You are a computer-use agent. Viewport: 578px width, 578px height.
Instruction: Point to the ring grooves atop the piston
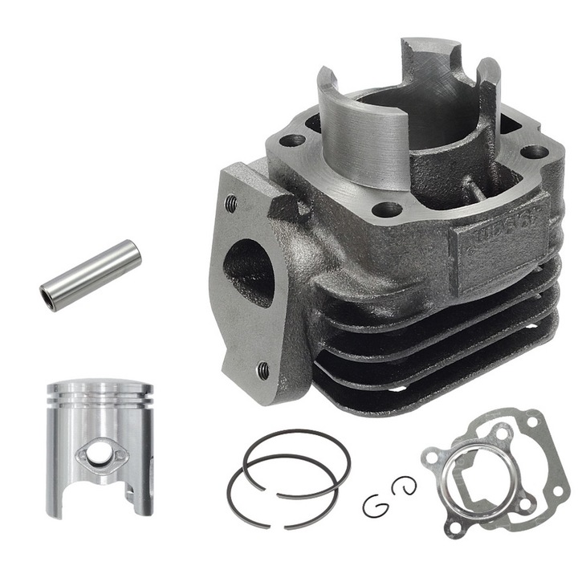[99, 395]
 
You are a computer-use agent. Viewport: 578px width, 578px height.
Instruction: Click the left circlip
[373, 506]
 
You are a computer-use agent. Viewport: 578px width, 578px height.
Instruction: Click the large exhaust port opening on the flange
[249, 271]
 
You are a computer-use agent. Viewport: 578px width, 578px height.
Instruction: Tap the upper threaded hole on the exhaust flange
[231, 203]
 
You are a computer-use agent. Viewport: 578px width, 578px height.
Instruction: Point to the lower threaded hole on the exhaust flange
[263, 370]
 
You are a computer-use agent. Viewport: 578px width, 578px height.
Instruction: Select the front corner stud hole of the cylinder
[388, 210]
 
